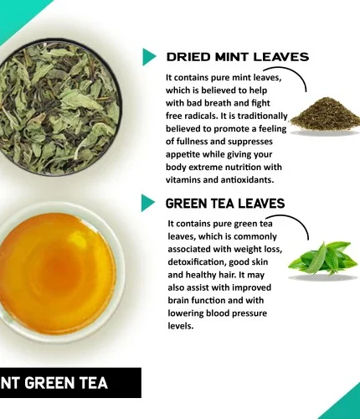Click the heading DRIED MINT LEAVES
238,57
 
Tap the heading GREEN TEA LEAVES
225,203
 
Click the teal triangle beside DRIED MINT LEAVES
149,57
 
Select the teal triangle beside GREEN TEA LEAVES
147,203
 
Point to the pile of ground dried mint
325,115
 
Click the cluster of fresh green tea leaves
322,258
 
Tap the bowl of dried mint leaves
57,107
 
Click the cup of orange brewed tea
57,272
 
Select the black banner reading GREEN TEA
70,383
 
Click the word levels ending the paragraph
181,326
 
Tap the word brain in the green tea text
178,300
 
